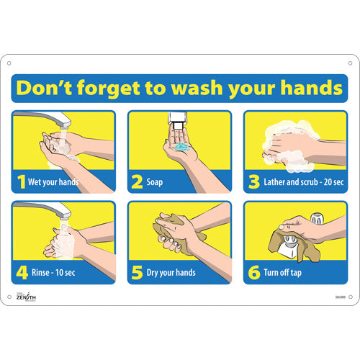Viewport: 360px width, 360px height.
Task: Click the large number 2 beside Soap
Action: [136, 181]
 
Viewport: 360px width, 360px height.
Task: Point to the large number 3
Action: [253, 181]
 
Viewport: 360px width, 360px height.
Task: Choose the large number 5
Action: [136, 272]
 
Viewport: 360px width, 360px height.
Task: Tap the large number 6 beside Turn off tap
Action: [253, 272]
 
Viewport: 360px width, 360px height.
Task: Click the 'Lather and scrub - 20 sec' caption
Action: [297, 182]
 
